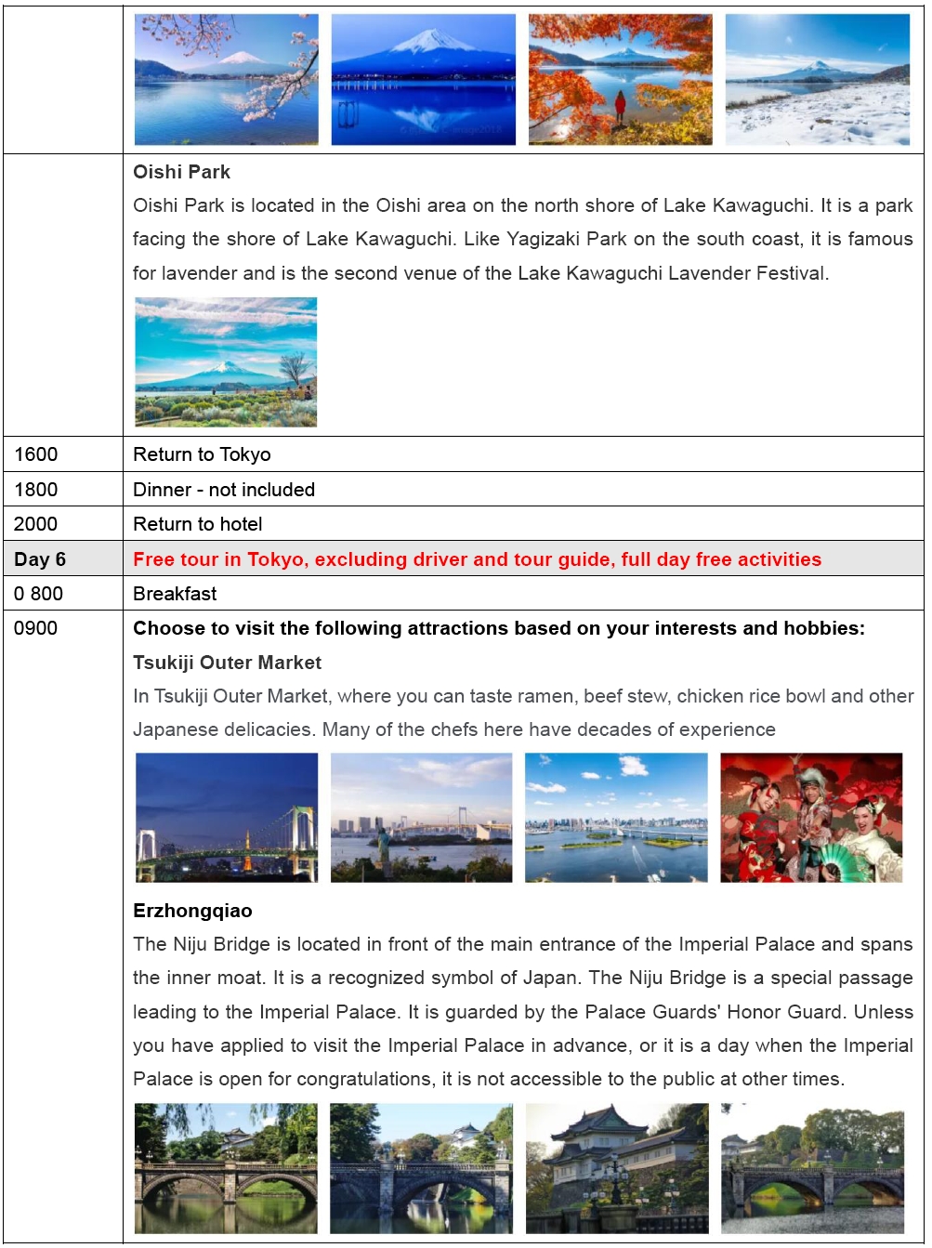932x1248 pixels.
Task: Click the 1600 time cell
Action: tap(36, 454)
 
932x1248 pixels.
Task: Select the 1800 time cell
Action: tap(36, 490)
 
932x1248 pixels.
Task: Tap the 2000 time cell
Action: tap(36, 524)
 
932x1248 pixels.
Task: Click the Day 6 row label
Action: tap(40, 559)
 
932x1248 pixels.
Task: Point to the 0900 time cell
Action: tap(36, 628)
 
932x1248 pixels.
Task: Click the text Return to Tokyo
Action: tap(202, 454)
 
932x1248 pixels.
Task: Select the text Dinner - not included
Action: tap(224, 490)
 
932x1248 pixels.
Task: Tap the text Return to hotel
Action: tap(198, 524)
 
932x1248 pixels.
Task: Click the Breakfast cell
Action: tap(175, 594)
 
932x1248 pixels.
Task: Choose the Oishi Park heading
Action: tap(181, 172)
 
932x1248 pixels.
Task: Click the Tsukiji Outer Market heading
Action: tap(227, 663)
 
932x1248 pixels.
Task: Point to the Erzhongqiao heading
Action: tap(192, 911)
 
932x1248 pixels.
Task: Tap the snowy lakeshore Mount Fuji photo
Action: tap(817, 80)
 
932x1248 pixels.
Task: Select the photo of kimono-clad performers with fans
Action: tap(811, 818)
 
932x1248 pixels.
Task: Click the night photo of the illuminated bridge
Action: tap(227, 818)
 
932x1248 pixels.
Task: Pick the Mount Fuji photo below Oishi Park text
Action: tap(226, 362)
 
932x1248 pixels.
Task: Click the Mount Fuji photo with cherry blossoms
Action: tap(227, 80)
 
